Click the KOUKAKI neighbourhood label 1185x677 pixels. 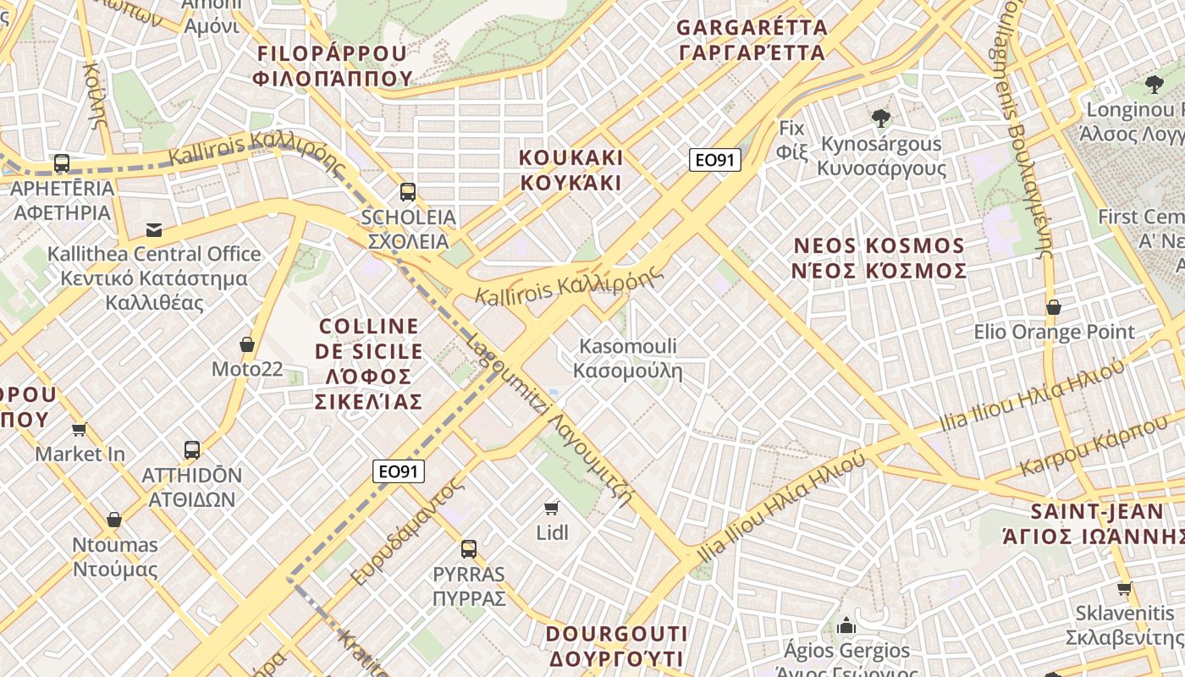(570, 170)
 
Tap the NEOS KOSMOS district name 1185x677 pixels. (879, 258)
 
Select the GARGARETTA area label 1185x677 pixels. (752, 40)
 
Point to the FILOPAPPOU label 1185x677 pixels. (333, 66)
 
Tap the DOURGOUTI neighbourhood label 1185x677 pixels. (616, 646)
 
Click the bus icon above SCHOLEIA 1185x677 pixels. (408, 192)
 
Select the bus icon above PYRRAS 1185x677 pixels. (469, 549)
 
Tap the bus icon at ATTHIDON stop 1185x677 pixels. (192, 450)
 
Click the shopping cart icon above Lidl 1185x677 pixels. (552, 508)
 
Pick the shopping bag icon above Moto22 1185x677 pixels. (247, 344)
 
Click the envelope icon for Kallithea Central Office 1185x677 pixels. (154, 229)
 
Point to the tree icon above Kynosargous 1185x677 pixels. (880, 118)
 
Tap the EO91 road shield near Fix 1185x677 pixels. (714, 160)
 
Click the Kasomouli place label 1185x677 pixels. (628, 358)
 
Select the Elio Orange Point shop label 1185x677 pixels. (1054, 332)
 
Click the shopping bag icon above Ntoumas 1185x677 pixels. (114, 520)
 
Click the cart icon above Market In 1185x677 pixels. (80, 429)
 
